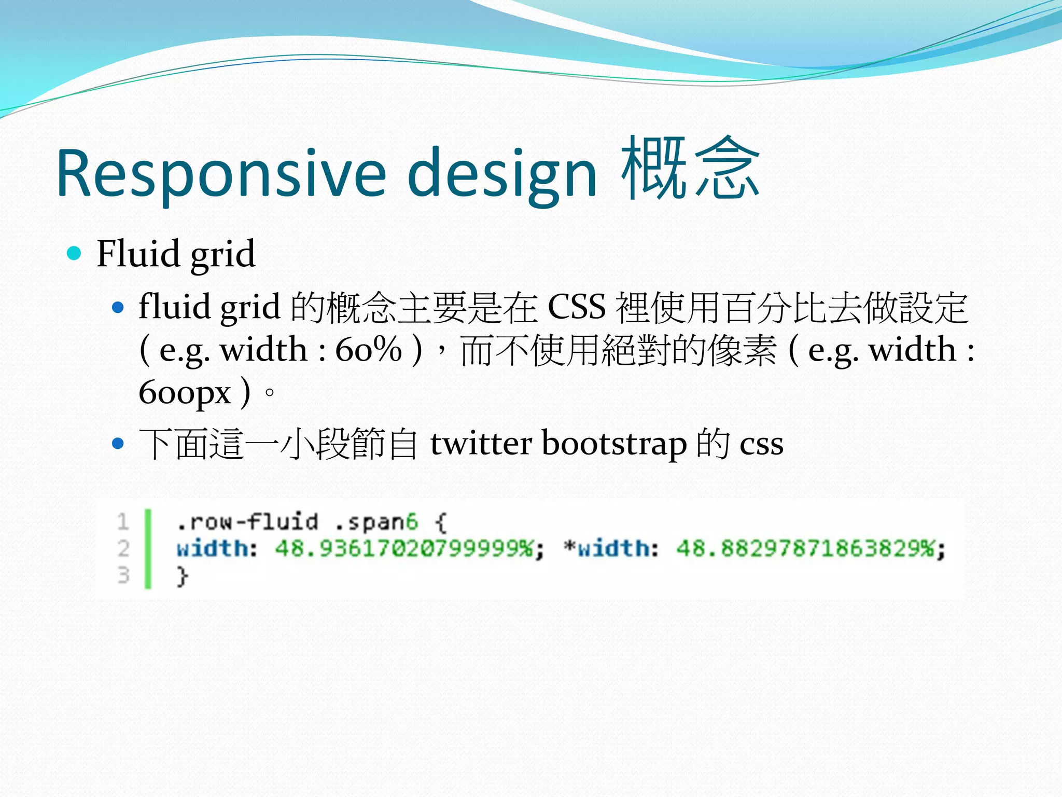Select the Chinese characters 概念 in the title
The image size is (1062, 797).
tap(690, 169)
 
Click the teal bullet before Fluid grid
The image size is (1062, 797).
tap(75, 254)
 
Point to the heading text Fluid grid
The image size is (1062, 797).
tap(176, 254)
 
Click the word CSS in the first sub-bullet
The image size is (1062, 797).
tap(576, 307)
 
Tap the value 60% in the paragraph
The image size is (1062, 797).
tap(369, 349)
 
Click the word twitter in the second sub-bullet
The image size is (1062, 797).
tap(481, 444)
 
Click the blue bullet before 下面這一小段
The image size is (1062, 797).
tap(118, 444)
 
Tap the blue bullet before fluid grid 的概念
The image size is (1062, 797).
tap(118, 308)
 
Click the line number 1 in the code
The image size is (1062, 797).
tap(123, 521)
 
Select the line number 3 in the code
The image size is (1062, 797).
tap(123, 575)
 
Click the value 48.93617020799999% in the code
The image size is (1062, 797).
tap(404, 548)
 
